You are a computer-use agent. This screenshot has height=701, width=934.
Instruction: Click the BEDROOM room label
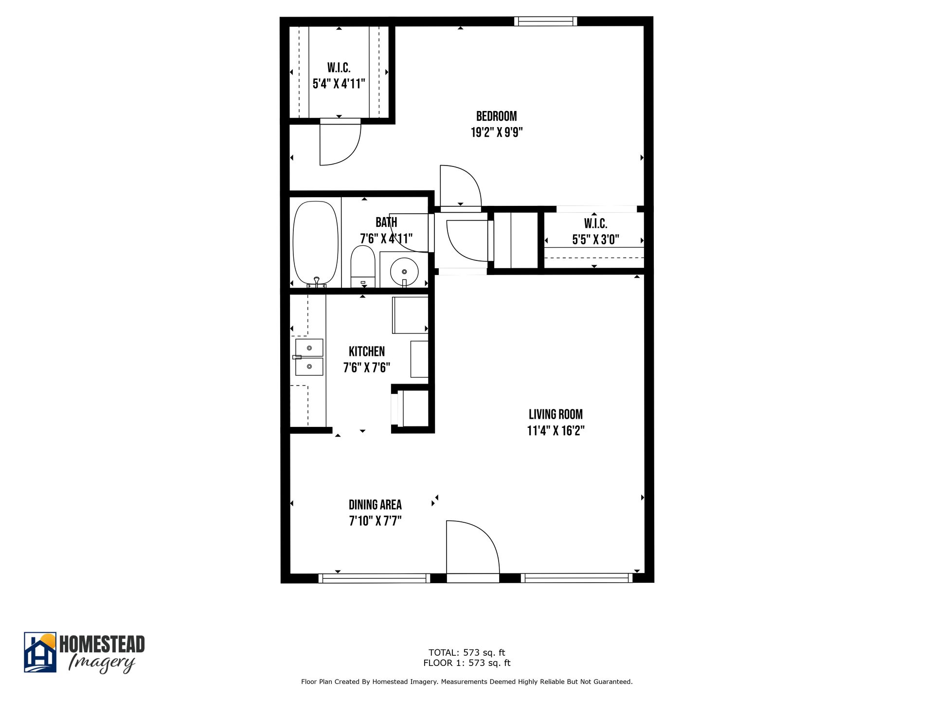click(x=496, y=116)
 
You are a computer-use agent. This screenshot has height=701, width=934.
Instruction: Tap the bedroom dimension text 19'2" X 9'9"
click(x=496, y=132)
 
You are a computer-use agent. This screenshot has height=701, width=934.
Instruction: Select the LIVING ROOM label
click(x=556, y=414)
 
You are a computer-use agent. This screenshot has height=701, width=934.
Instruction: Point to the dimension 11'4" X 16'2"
click(x=556, y=431)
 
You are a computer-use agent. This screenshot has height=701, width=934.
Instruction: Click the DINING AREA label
click(x=375, y=505)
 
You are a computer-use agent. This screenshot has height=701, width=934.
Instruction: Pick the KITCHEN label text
click(x=367, y=351)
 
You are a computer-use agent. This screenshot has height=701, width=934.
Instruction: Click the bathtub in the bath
click(x=316, y=242)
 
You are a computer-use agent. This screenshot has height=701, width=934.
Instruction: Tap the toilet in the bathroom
click(x=363, y=266)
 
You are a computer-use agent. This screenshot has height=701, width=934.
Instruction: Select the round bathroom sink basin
click(x=404, y=272)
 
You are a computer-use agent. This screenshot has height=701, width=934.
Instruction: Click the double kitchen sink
click(x=309, y=357)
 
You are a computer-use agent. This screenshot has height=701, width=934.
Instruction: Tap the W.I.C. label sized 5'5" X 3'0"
click(x=595, y=224)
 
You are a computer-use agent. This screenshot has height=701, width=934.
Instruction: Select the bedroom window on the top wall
click(x=545, y=21)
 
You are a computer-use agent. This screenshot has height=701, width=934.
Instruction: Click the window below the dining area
click(x=374, y=578)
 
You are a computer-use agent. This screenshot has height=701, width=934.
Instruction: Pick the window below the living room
click(x=576, y=578)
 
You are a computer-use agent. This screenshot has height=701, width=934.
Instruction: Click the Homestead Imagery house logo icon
click(x=40, y=653)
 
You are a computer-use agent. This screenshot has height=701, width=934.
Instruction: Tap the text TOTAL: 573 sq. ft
click(x=467, y=652)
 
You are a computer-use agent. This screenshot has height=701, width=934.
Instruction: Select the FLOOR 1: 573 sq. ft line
click(x=467, y=663)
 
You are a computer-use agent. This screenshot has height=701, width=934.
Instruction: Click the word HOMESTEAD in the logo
click(x=102, y=644)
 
